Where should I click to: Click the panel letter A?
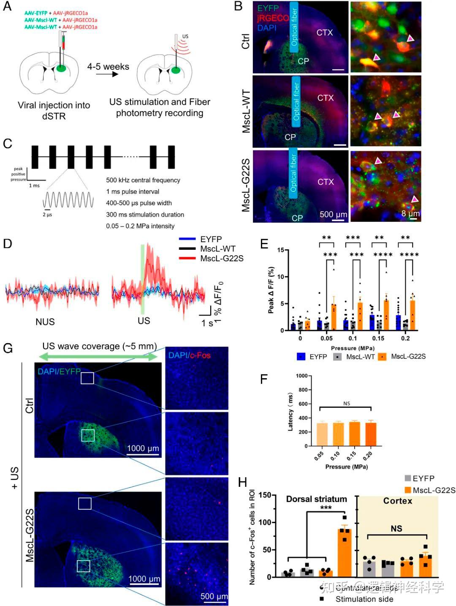click(x=7, y=7)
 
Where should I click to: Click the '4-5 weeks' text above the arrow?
click(x=108, y=67)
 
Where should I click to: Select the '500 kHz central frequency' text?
click(x=143, y=180)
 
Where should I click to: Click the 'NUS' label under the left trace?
click(x=45, y=322)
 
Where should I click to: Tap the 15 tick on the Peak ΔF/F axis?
click(x=280, y=250)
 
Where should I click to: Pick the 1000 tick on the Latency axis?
click(x=301, y=376)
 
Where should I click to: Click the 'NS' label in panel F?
click(x=346, y=404)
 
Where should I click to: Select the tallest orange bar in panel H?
click(x=345, y=553)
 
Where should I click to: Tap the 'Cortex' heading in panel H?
click(x=397, y=501)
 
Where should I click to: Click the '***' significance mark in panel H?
click(x=326, y=508)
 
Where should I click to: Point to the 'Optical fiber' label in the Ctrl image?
click(x=294, y=27)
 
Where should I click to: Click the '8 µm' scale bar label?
click(x=410, y=213)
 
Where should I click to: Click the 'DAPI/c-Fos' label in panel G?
click(x=189, y=355)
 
